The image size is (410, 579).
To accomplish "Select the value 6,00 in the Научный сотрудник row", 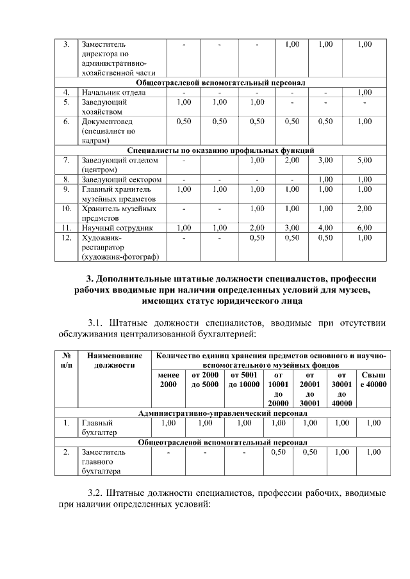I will pos(365,227).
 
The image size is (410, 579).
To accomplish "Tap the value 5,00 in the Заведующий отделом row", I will pos(365,160).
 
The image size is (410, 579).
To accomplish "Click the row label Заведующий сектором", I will pos(120,180).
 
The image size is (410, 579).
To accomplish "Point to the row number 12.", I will pos(66,237).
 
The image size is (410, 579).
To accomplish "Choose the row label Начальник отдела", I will pos(113,92).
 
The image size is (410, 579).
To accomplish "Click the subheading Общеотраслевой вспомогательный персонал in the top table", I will pos(220,83).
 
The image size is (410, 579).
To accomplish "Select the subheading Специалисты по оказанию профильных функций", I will pos(220,150).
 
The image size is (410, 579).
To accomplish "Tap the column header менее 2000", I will pos(167,379).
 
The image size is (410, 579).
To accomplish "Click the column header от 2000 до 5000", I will pos(206,379).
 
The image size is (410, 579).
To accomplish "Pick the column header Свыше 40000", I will pos(373,379).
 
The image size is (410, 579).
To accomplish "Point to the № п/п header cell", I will pos(66,360).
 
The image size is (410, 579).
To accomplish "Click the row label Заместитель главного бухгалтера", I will pos(103,461).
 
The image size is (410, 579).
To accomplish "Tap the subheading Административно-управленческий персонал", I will pos(220,413).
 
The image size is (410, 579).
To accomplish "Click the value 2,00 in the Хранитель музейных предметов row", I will pos(365,209).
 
